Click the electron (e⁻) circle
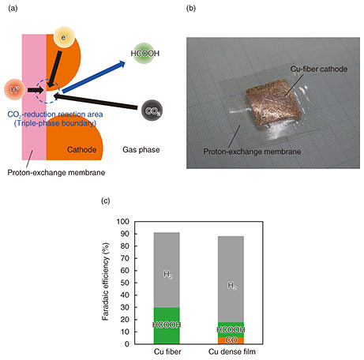coord(64,37)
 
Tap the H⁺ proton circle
coord(15,89)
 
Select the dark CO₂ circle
coord(152,111)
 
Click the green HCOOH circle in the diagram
coord(145,54)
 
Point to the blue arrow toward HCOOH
coord(94,77)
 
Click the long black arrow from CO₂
coord(96,101)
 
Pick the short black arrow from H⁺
coord(36,90)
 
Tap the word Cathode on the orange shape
coord(81,149)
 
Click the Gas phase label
coord(141,150)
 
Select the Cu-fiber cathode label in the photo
coord(319,69)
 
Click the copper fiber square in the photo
coord(272,104)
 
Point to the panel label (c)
coord(106,201)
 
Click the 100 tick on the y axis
coord(123,222)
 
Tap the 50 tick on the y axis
coord(125,283)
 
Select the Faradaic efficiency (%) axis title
coord(106,281)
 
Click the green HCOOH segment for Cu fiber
coord(167,326)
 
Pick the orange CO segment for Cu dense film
coord(231,340)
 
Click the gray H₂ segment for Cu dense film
coord(231,279)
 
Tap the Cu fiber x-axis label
coord(167,351)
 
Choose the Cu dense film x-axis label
coord(232,351)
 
